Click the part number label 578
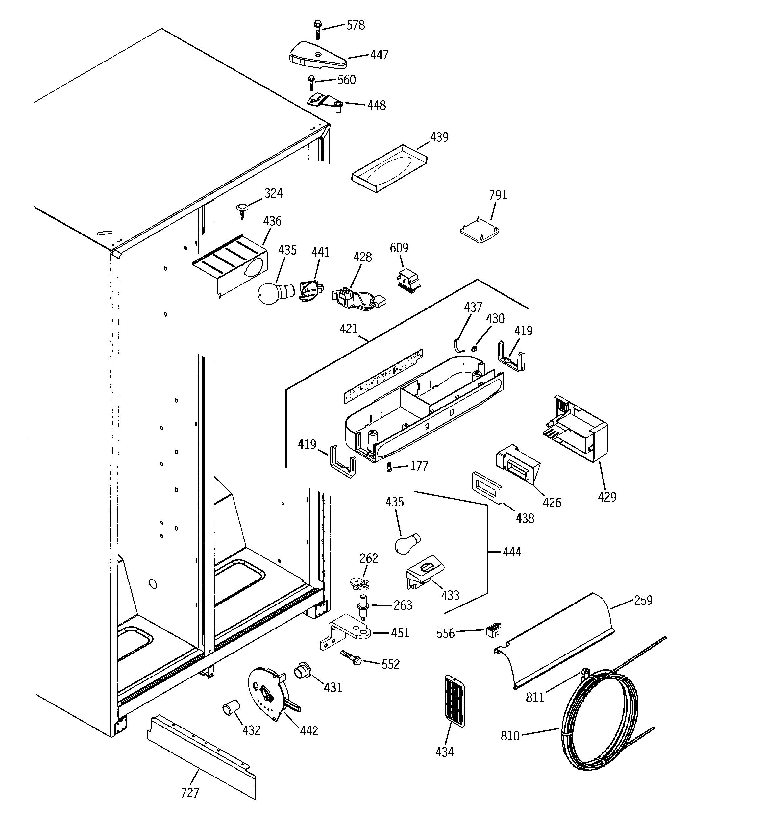(x=355, y=25)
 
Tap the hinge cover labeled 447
(x=318, y=56)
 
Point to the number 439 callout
(x=439, y=137)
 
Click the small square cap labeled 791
(x=480, y=232)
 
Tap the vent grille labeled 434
(x=454, y=701)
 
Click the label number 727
(x=190, y=793)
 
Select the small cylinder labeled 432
(x=231, y=708)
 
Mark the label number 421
(x=349, y=328)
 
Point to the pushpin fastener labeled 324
(x=242, y=211)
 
